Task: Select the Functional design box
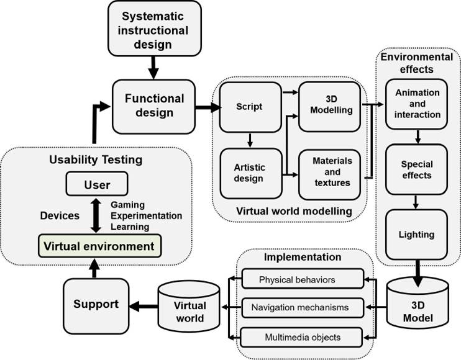click(x=155, y=106)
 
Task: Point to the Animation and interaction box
click(x=418, y=103)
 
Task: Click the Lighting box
click(x=417, y=235)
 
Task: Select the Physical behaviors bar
click(x=301, y=279)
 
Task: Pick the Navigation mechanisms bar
click(x=301, y=307)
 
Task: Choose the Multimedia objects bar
click(x=301, y=336)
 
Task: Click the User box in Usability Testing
click(x=96, y=184)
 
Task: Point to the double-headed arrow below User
click(x=96, y=215)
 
